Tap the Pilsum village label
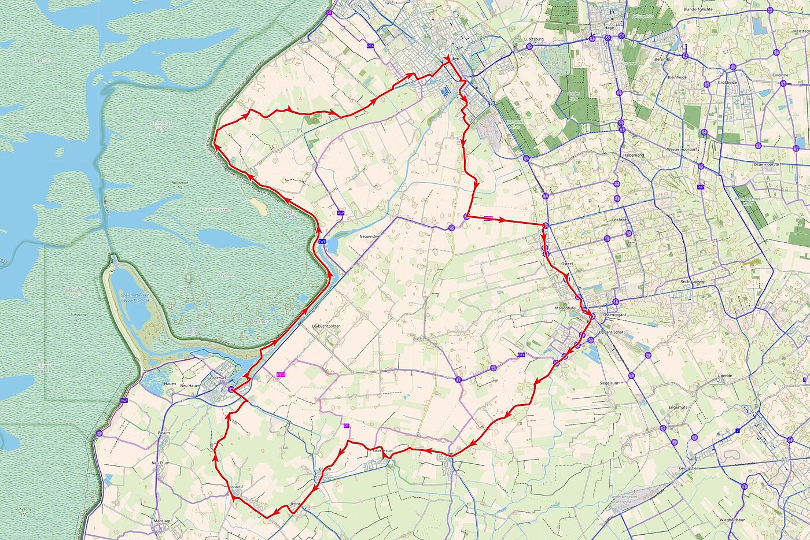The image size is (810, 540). pos(164,432)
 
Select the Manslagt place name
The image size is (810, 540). pos(162,521)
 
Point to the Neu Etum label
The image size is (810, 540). pos(160,463)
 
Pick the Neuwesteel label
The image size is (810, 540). pos(370,236)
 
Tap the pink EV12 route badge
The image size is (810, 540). pos(281,375)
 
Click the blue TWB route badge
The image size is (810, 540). pos(322,241)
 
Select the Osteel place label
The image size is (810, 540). pos(567,263)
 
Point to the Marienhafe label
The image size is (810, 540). pos(568,308)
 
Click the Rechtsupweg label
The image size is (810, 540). pos(692,282)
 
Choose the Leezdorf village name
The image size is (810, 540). pos(620,220)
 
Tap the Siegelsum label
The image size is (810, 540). pos(609,383)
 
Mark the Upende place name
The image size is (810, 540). pos(724,376)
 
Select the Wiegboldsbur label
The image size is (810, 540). pos(719,520)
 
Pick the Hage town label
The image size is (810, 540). pos(609,27)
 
